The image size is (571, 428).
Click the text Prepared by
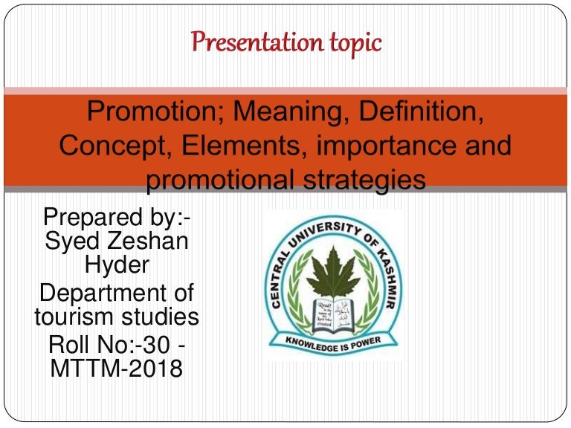pos(117,219)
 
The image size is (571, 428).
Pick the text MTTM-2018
pos(116,367)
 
